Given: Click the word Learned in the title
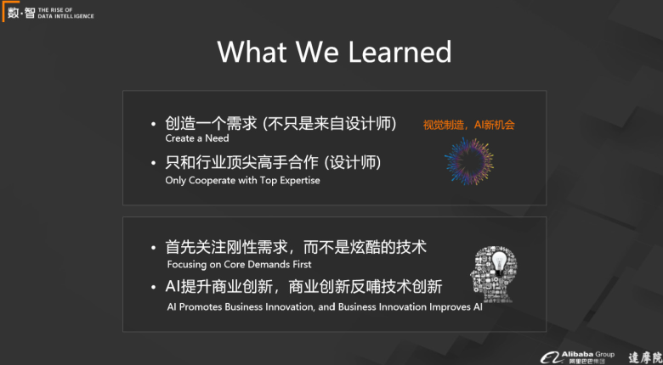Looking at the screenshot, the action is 400,52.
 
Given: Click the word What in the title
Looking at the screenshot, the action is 252,52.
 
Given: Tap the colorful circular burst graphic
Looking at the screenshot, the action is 469,161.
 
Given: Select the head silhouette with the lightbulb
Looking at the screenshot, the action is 494,273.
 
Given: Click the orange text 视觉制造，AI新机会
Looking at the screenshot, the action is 469,125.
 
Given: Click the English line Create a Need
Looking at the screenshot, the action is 197,138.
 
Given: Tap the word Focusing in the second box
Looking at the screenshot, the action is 185,265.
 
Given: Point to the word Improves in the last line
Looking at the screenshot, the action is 449,307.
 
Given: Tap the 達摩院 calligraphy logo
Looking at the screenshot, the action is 646,358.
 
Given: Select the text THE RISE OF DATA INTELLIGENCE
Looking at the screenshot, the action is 66,13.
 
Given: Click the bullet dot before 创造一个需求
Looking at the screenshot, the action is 154,125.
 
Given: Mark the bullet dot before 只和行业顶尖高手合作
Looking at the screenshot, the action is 154,164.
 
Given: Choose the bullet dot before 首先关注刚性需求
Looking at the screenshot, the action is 154,248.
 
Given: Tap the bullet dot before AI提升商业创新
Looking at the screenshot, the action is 154,287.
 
